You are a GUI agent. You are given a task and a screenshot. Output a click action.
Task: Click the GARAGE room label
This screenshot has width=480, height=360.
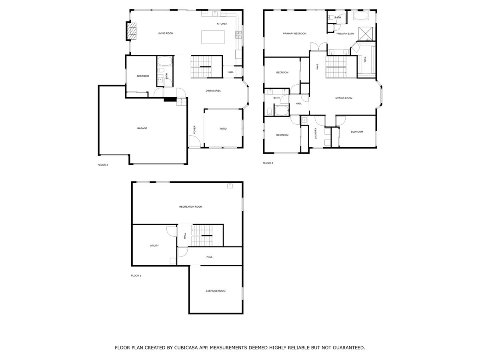click(142, 128)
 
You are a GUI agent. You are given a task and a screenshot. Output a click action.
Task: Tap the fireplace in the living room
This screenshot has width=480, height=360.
click(132, 31)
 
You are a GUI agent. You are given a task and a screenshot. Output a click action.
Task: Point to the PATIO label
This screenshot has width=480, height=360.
click(223, 129)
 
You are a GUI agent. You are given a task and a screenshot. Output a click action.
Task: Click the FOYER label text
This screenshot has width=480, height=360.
click(195, 129)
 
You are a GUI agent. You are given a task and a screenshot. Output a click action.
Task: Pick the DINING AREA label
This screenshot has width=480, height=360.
click(213, 91)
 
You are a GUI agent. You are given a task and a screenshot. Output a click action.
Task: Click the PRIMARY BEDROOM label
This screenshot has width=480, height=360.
click(294, 34)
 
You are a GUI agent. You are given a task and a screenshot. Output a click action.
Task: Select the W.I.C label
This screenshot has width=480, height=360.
click(365, 59)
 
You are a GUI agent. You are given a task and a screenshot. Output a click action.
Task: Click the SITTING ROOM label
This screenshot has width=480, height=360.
click(343, 98)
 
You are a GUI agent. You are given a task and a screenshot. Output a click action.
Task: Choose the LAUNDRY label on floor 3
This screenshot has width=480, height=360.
click(316, 133)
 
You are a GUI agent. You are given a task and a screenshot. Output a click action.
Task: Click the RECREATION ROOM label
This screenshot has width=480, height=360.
click(190, 207)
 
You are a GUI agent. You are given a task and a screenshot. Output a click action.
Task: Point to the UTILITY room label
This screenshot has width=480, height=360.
click(154, 246)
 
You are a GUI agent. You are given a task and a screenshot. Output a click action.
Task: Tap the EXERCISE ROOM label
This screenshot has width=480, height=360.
click(216, 291)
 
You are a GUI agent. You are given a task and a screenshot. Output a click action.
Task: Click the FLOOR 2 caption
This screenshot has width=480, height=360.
click(103, 165)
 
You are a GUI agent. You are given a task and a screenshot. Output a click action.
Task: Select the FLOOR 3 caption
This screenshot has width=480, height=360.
click(268, 163)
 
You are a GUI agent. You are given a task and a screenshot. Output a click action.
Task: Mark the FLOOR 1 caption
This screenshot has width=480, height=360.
click(136, 276)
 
